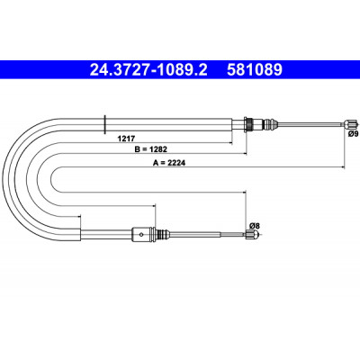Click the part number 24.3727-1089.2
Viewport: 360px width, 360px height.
(x=148, y=69)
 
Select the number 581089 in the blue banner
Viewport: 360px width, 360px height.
(x=255, y=69)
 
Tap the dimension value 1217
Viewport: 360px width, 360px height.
(x=126, y=139)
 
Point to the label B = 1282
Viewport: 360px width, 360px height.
(x=150, y=148)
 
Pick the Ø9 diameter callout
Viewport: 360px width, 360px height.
(x=353, y=134)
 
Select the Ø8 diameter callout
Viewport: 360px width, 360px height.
(x=255, y=225)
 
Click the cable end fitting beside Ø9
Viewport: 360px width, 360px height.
(x=351, y=123)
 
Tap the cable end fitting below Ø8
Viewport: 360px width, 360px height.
(x=252, y=235)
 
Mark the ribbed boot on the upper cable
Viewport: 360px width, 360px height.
(x=270, y=123)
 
